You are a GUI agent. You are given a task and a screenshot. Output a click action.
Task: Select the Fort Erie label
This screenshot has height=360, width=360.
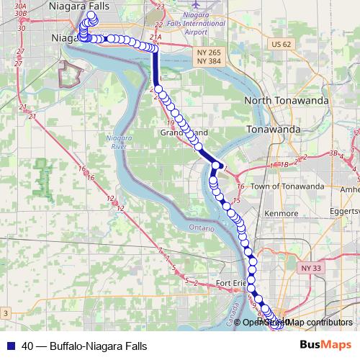[232, 283]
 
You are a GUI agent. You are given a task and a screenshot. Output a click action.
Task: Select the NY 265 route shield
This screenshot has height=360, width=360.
[210, 53]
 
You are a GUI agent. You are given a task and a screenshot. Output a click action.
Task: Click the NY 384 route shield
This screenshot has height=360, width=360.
[210, 63]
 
